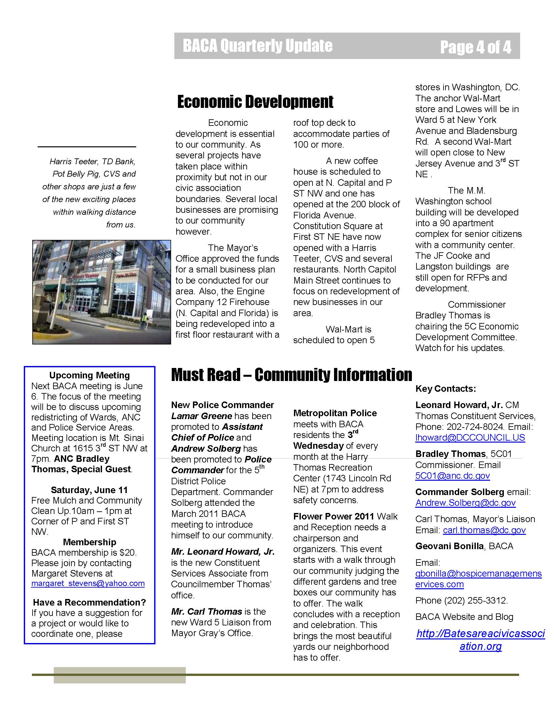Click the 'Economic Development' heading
(255, 101)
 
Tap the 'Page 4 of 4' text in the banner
(475, 47)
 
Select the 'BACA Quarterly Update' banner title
(258, 46)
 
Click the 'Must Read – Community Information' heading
(291, 374)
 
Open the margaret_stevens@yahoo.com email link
(88, 583)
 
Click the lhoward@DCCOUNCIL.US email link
(470, 438)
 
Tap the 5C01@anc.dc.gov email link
(452, 476)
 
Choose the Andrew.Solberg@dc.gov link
(465, 503)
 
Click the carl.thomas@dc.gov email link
(484, 530)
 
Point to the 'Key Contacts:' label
(445, 389)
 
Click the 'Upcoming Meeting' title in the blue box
(89, 375)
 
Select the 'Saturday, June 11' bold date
(89, 490)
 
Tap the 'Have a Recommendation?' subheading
(89, 602)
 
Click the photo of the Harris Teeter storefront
(101, 292)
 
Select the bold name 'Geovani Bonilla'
(449, 546)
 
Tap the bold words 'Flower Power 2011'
(333, 517)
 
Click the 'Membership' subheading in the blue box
(89, 542)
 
